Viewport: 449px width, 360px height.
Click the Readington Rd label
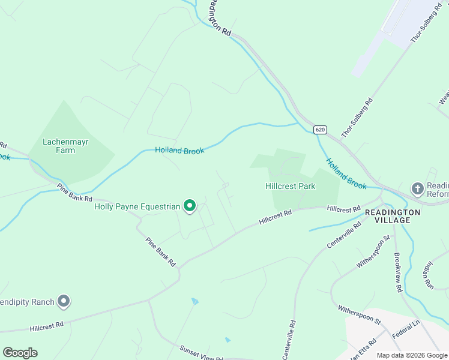click(x=219, y=19)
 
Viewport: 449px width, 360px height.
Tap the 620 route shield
click(x=320, y=130)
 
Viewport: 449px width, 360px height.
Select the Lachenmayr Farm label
click(x=59, y=146)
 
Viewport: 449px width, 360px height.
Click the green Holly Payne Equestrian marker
click(x=190, y=207)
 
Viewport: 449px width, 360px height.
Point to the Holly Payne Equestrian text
click(x=137, y=207)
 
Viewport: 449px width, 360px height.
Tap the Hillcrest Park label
click(x=291, y=186)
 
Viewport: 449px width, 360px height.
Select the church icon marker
click(x=417, y=189)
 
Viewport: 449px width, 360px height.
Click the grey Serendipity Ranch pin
click(x=64, y=302)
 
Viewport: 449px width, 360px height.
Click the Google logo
click(x=20, y=353)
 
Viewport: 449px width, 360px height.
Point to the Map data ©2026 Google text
click(x=412, y=355)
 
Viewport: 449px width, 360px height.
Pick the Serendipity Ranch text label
click(x=27, y=302)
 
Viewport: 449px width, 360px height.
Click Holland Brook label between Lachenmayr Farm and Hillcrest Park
click(x=179, y=150)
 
